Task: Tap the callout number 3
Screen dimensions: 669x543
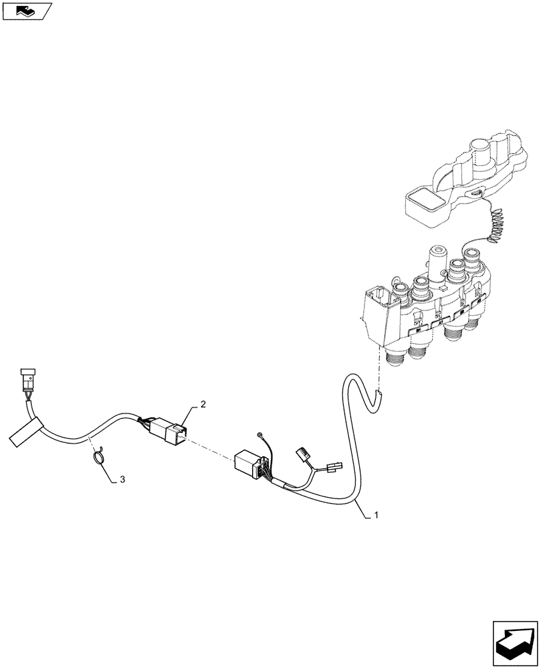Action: pyautogui.click(x=122, y=480)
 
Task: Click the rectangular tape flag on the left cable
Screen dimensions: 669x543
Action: pyautogui.click(x=25, y=431)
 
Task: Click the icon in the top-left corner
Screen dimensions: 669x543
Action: pyautogui.click(x=27, y=11)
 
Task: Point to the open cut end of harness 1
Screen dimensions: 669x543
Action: pyautogui.click(x=378, y=399)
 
